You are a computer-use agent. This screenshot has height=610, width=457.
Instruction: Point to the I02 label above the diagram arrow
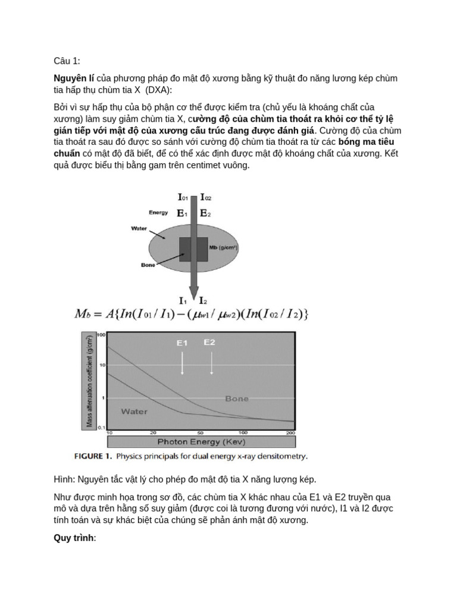click(x=206, y=197)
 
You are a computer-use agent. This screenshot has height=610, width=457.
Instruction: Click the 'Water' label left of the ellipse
click(x=140, y=228)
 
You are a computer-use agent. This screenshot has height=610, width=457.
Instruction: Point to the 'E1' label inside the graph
click(x=182, y=343)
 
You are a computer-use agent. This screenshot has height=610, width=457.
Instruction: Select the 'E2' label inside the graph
click(x=209, y=343)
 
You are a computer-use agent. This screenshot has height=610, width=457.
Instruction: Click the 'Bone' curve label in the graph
click(x=236, y=399)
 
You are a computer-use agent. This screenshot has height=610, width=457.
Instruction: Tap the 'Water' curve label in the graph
click(x=134, y=411)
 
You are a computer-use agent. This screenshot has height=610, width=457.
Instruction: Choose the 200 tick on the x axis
click(x=290, y=432)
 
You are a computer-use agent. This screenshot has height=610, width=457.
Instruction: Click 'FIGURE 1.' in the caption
click(x=93, y=457)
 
